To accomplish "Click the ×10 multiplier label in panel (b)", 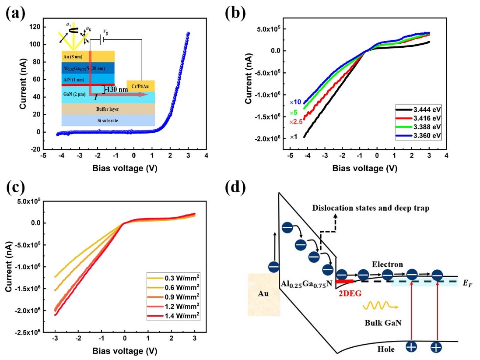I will [x=295, y=102].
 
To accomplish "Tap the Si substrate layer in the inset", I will [x=108, y=120].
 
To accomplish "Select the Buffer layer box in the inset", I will [x=108, y=108].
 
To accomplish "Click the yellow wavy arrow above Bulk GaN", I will [x=376, y=305].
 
